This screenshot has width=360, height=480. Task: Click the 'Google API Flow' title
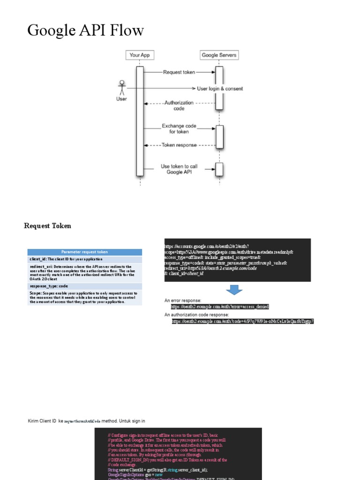coord(85,30)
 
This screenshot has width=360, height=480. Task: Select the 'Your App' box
coord(140,55)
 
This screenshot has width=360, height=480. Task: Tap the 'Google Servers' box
coord(219,55)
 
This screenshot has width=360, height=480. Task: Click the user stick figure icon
coord(121,88)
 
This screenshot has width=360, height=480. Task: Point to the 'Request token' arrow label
coord(179,72)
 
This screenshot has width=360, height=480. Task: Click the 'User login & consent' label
coord(220,88)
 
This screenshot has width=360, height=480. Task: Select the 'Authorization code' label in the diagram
coord(179,105)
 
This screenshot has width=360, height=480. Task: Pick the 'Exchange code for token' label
coord(179,128)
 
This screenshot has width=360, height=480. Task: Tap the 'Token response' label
coord(179,145)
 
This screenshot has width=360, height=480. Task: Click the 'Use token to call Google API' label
coord(179,169)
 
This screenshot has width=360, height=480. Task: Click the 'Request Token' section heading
coord(47,226)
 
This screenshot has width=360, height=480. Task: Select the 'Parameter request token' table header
coord(84,252)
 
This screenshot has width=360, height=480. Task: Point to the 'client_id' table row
coord(84,259)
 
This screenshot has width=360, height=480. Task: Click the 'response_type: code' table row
coord(84,285)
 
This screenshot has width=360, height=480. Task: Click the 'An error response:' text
coord(183,300)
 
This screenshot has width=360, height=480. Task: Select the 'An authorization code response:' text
coord(196,315)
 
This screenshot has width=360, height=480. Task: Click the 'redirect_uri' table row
coord(84,272)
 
